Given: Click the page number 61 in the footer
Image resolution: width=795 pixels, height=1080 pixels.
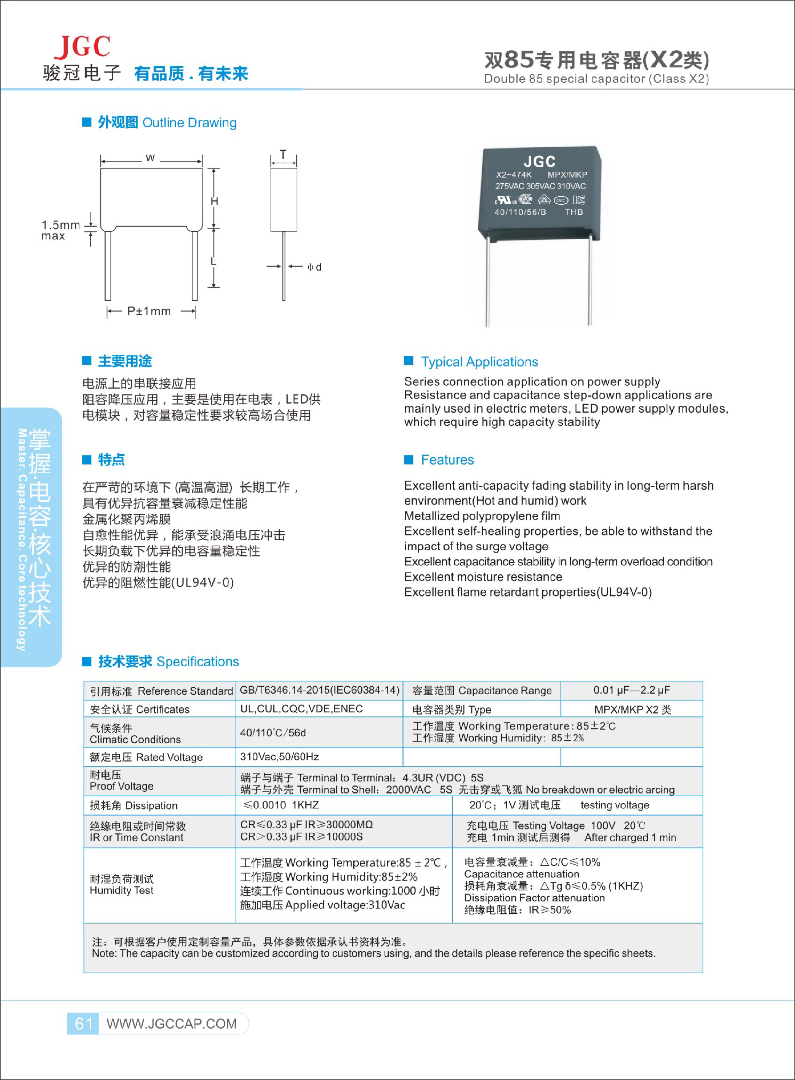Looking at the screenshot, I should point(84,1023).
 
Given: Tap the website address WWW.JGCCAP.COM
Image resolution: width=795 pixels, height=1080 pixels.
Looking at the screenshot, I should point(172,1024).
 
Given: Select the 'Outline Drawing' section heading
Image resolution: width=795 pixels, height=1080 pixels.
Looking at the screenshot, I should point(189,123).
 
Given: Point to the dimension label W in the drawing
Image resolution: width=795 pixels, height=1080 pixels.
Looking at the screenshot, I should point(150,157).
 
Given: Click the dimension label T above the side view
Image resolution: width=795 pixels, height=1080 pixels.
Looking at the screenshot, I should point(283,154).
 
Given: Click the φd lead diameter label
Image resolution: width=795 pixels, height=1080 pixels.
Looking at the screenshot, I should point(314,267).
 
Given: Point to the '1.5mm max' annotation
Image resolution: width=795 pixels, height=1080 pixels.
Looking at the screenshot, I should point(60,230).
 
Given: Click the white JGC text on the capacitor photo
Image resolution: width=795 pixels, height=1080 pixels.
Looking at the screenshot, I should point(540,161).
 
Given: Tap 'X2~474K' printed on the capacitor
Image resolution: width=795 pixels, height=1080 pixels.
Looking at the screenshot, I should point(513,175).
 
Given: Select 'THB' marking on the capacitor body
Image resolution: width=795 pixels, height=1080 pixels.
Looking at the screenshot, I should point(574,212).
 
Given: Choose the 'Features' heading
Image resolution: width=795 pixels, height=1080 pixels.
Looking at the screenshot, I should point(447,460).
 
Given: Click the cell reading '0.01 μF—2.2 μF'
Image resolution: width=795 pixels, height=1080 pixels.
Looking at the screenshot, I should point(631,690).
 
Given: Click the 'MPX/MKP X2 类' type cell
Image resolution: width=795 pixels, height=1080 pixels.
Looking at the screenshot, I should point(632,709).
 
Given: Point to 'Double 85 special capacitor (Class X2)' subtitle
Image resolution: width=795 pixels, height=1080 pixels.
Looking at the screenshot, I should point(596,79).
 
